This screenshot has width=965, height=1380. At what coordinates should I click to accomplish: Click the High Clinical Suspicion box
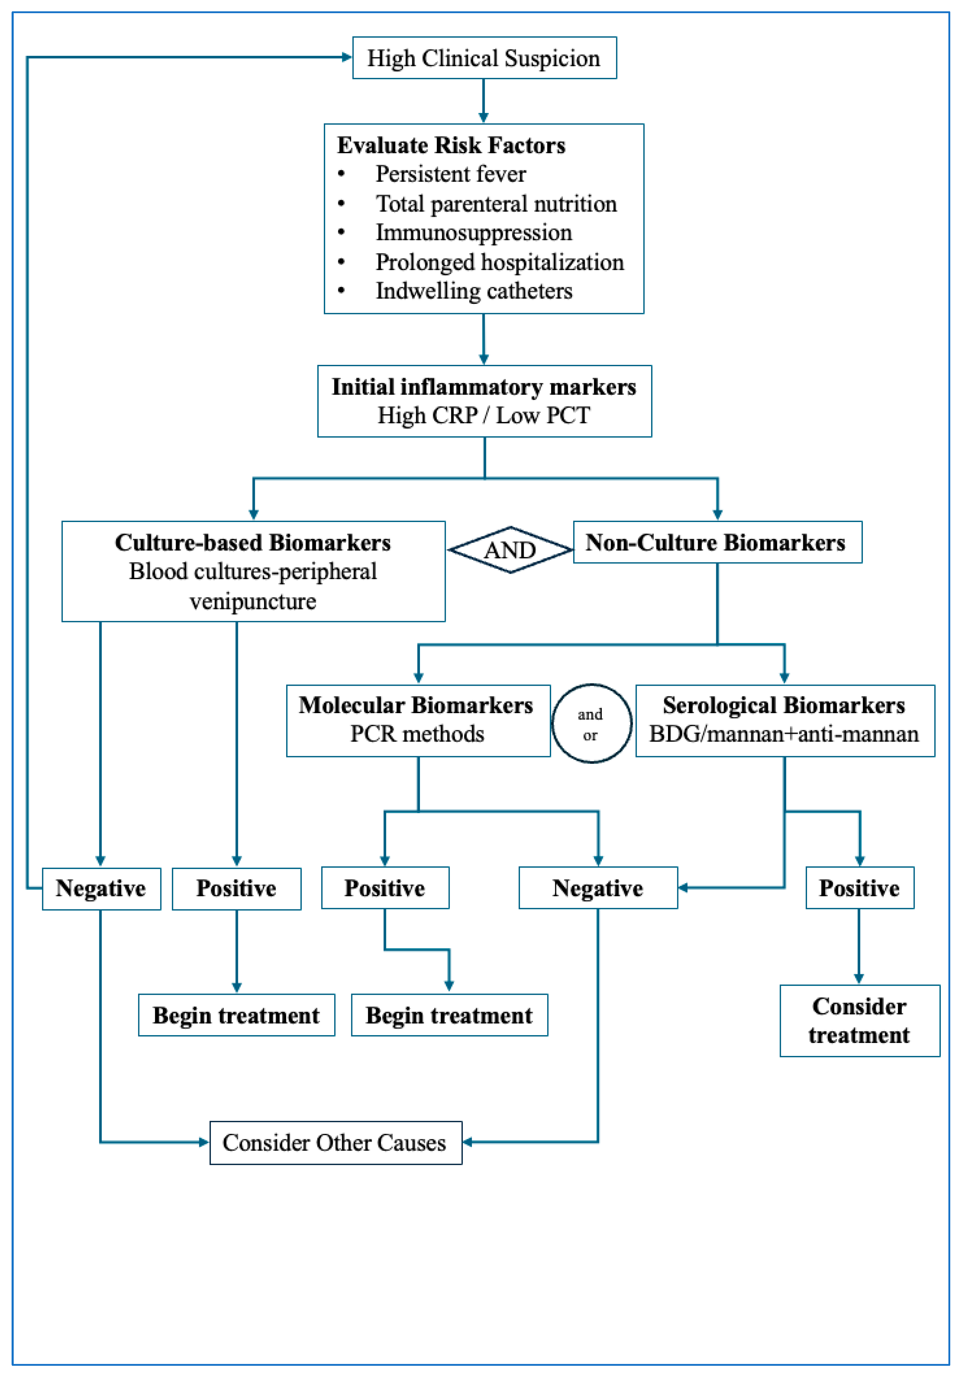click(484, 58)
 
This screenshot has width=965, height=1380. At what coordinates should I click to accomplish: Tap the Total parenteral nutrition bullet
click(496, 204)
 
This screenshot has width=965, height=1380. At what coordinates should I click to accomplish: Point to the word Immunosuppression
click(474, 233)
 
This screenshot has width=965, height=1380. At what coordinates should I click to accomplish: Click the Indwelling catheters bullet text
click(474, 291)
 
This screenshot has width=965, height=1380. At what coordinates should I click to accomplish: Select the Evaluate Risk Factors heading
click(451, 146)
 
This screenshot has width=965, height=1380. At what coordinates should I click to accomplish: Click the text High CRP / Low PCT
click(484, 415)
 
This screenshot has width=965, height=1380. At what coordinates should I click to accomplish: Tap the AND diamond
click(510, 550)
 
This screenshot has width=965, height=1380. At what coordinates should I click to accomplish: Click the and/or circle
click(592, 724)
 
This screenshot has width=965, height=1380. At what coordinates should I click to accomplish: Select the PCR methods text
click(417, 734)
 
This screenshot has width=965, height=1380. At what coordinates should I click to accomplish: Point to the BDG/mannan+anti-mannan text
click(784, 734)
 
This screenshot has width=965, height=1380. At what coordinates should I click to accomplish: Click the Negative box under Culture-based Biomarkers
click(101, 888)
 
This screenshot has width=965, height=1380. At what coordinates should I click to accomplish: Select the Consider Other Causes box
click(335, 1143)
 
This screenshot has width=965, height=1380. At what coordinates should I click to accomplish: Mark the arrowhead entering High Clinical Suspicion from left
click(346, 58)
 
